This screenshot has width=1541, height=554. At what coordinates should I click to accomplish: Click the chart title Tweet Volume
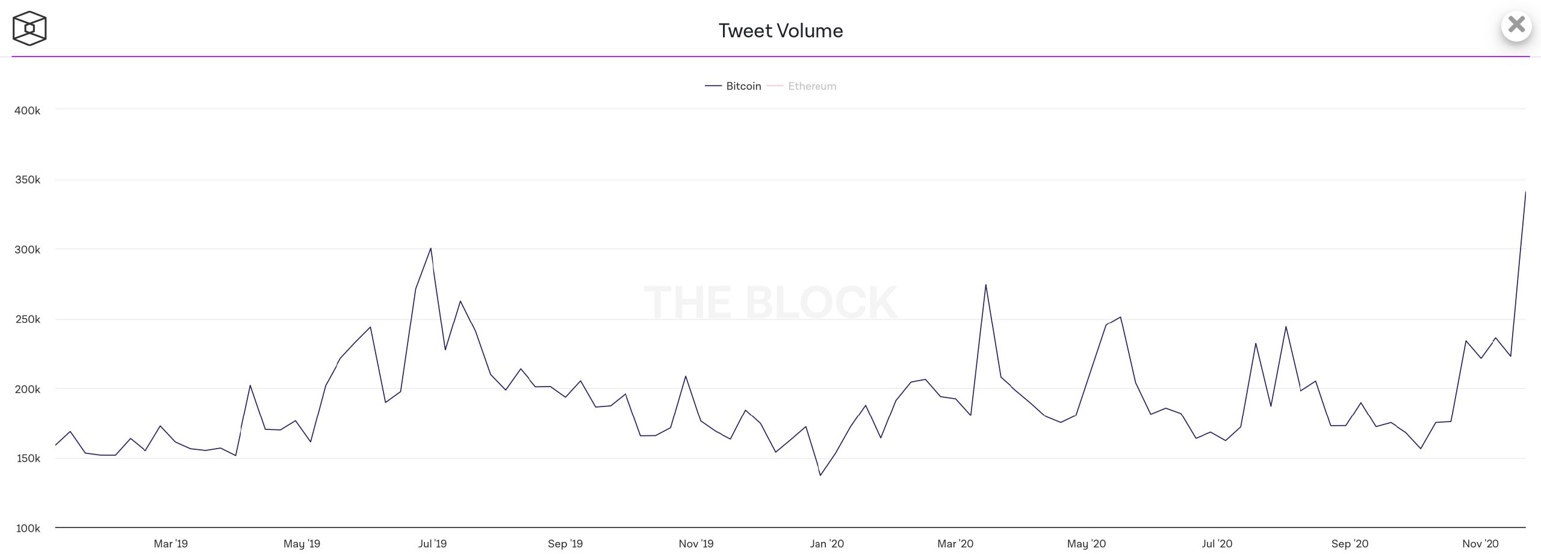pos(781,31)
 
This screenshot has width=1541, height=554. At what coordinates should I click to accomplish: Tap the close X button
pos(1516,25)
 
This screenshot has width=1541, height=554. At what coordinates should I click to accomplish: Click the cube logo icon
pos(29,28)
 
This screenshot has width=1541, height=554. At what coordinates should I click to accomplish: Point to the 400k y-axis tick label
pos(28,111)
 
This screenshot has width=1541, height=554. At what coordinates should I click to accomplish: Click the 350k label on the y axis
pos(28,180)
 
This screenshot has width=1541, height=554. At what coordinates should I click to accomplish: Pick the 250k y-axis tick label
pos(28,319)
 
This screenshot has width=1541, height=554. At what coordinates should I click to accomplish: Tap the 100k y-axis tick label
pos(28,528)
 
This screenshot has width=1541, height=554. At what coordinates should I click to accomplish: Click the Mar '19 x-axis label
pos(170,544)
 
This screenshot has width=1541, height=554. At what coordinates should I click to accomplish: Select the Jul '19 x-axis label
pos(432,544)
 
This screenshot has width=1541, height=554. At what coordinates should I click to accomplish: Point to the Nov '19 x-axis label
pos(696,544)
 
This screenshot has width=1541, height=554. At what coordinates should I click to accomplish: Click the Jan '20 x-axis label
pos(826,544)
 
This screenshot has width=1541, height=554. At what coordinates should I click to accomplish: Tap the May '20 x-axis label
pos(1086,544)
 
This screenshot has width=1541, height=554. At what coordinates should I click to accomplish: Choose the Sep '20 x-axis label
pos(1350,544)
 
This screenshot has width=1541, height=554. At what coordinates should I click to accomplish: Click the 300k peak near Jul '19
pos(430,248)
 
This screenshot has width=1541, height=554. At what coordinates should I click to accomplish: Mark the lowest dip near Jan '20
pos(820,475)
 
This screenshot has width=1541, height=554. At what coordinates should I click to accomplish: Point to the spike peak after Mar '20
pos(985,285)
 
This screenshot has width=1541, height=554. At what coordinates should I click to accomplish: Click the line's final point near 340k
pos(1525,193)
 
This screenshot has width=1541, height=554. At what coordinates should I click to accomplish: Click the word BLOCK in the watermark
pos(821,302)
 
